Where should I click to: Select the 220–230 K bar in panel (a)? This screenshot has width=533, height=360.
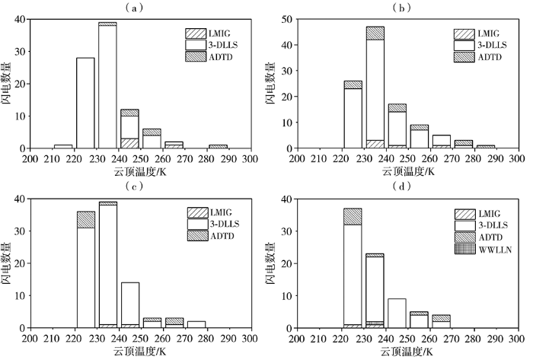click(85, 103)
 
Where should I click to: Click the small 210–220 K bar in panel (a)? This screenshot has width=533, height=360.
click(62, 146)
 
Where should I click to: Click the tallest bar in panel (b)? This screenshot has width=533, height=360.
click(375, 88)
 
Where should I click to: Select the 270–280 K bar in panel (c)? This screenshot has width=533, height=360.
click(196, 324)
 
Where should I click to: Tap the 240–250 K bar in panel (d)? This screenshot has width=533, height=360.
click(397, 313)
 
